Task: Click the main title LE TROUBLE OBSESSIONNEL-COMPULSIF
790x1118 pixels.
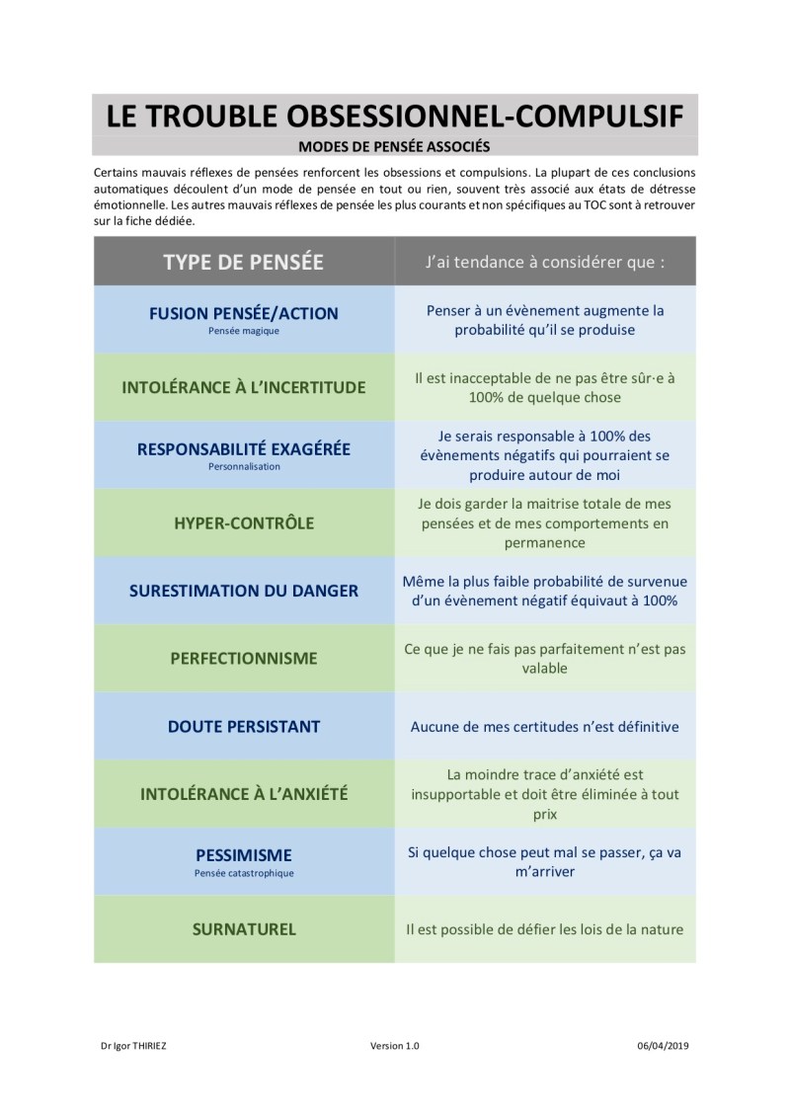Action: coord(394,117)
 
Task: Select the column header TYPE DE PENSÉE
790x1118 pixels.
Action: coord(243,262)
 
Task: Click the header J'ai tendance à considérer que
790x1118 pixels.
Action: coord(544,263)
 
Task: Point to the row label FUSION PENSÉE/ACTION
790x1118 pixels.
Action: coord(243,313)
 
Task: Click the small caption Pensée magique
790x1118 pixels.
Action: coord(243,331)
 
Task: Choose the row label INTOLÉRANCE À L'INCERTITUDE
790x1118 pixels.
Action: coord(243,387)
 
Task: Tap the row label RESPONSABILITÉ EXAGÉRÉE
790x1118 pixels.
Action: coord(243,448)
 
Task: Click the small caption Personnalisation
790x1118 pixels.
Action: coord(243,466)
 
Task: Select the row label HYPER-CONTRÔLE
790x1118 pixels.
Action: coord(243,522)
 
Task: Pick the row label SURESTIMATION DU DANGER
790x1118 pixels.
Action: coord(243,591)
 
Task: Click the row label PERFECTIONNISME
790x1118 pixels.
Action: coord(243,658)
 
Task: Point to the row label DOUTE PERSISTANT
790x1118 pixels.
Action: coord(243,726)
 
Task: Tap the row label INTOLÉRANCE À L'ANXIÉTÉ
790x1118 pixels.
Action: coord(243,793)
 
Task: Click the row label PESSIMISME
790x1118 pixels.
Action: coord(243,854)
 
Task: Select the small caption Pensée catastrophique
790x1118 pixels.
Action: coord(243,873)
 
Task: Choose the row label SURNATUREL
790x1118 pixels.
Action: coord(243,928)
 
